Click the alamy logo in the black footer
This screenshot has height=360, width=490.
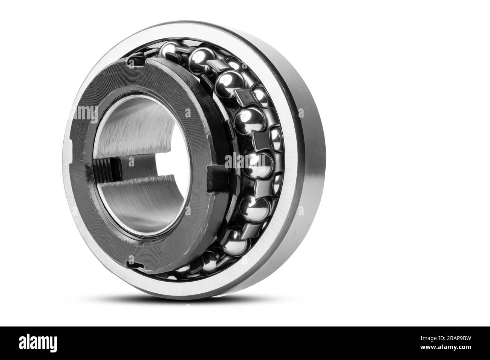[38, 343]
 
